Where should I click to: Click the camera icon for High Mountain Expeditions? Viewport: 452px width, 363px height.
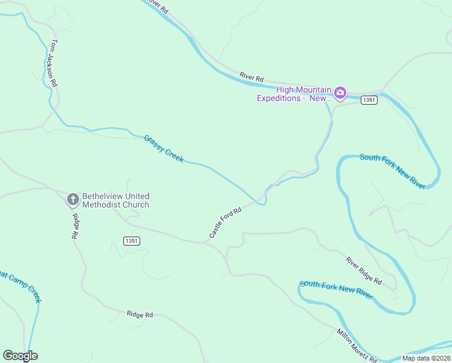pyautogui.click(x=340, y=93)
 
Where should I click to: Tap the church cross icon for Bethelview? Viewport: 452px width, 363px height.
pyautogui.click(x=73, y=199)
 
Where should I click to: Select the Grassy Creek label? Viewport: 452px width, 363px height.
pyautogui.click(x=164, y=148)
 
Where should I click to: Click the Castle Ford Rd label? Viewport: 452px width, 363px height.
pyautogui.click(x=225, y=222)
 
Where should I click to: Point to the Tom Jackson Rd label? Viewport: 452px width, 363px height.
pyautogui.click(x=54, y=64)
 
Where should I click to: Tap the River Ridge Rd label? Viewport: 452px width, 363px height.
pyautogui.click(x=364, y=270)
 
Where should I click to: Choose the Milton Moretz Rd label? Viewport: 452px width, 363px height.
pyautogui.click(x=357, y=345)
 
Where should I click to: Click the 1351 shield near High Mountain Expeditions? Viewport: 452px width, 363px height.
pyautogui.click(x=369, y=100)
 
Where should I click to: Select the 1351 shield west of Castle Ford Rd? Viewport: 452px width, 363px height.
pyautogui.click(x=132, y=241)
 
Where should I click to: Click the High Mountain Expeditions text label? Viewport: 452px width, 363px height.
pyautogui.click(x=295, y=94)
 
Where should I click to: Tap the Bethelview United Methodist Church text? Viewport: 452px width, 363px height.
pyautogui.click(x=115, y=200)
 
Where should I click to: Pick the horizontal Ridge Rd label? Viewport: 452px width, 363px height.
pyautogui.click(x=140, y=314)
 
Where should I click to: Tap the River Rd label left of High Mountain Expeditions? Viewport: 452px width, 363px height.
pyautogui.click(x=251, y=77)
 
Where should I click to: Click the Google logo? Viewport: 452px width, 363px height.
pyautogui.click(x=20, y=356)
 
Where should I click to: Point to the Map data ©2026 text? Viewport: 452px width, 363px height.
pyautogui.click(x=425, y=358)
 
